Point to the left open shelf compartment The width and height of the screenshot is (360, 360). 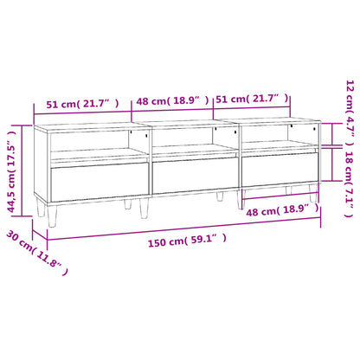(91, 145)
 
